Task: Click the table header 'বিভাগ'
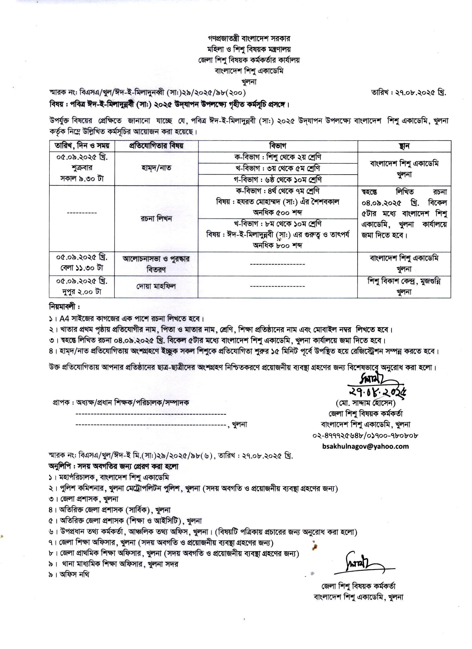coord(278,146)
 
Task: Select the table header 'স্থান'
coord(404,146)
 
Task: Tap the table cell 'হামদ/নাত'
coord(156,168)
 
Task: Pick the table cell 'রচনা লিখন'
coord(156,219)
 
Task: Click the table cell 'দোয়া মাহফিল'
coord(156,286)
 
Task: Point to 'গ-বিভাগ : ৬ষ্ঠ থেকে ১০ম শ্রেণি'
coord(278,179)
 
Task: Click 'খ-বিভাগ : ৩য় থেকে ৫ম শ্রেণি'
coord(278,168)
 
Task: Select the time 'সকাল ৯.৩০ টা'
coord(82,179)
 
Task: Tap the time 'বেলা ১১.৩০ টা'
coord(82,268)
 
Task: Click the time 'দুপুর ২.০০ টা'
coord(82,292)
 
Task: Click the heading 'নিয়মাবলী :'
coord(64,307)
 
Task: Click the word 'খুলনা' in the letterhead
coord(249,82)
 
